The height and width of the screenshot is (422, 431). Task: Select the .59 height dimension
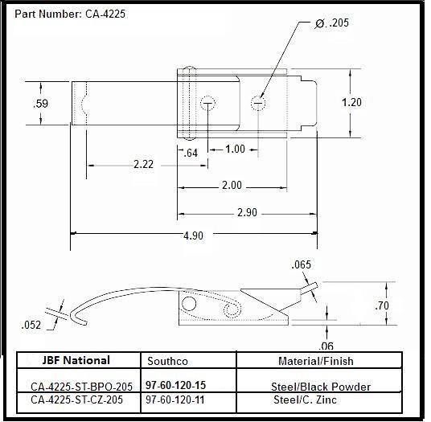40,104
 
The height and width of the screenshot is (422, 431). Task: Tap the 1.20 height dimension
351,103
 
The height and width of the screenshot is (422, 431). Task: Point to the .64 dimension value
191,153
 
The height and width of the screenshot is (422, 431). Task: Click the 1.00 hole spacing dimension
235,150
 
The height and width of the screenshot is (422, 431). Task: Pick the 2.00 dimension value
231,186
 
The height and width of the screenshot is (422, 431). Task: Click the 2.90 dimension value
247,213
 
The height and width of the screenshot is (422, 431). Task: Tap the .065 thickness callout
302,264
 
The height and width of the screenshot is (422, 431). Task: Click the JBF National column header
76,360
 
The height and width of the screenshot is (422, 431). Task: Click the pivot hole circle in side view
189,304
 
